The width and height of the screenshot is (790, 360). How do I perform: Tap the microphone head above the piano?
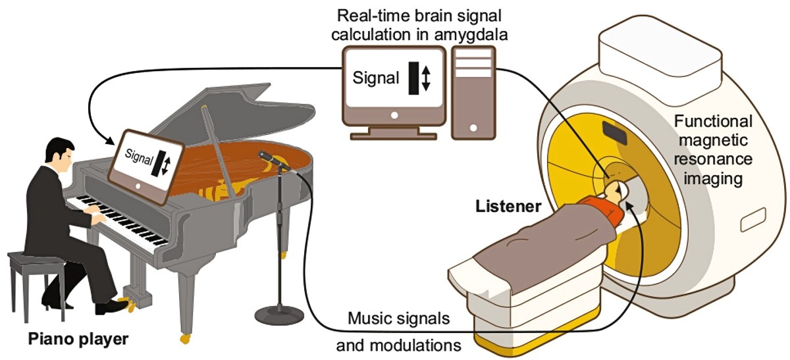pos(267,157)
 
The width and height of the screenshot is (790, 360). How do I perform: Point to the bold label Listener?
pos(508,206)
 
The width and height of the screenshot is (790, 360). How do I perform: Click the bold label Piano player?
pos(78,339)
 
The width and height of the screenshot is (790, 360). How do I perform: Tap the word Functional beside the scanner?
pos(713,122)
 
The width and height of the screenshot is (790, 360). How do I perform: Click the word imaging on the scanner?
pos(713,179)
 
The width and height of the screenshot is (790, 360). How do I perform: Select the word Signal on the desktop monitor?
pos(376,78)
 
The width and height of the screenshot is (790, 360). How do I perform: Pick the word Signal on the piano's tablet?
pos(139,157)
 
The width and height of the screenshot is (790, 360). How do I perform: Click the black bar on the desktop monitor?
pos(413,78)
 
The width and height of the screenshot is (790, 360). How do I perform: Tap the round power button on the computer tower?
pos(473,128)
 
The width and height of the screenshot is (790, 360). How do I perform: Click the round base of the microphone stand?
pos(279,315)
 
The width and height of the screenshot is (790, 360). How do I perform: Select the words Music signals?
pos(399,319)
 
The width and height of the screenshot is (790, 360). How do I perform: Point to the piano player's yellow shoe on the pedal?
pos(126,304)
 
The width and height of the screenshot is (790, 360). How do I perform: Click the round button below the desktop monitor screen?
pos(394,115)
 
